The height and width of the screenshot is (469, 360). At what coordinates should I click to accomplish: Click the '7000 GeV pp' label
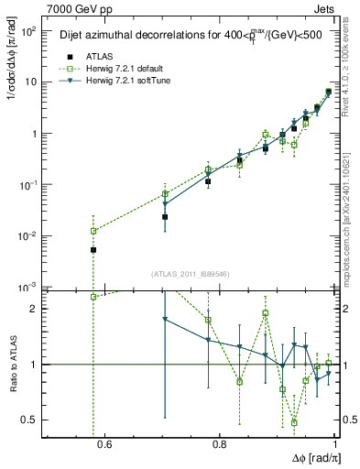pyautogui.click(x=75, y=8)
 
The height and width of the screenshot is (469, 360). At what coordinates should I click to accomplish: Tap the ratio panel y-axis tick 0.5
pyautogui.click(x=30, y=420)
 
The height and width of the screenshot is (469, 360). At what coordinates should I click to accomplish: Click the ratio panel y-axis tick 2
pyautogui.click(x=35, y=309)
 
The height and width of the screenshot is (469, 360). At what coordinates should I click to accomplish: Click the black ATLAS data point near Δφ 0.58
pyautogui.click(x=93, y=249)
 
